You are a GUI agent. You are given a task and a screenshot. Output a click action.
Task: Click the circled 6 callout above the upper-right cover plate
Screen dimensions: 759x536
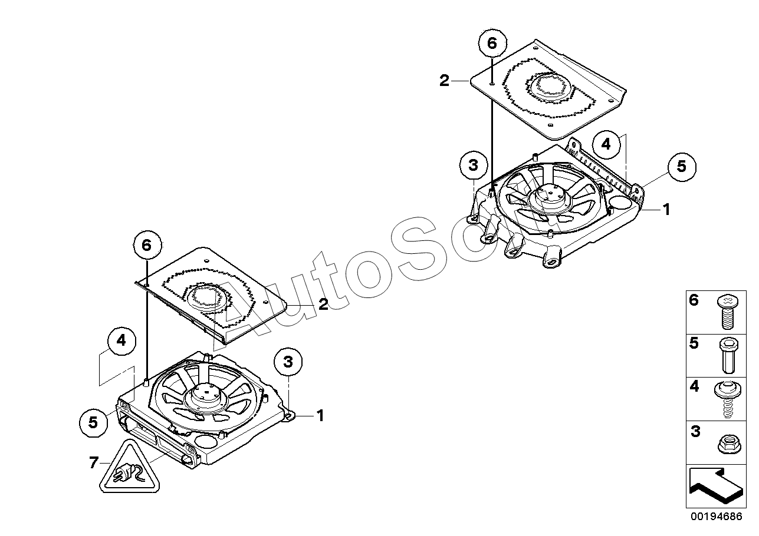(x=492, y=43)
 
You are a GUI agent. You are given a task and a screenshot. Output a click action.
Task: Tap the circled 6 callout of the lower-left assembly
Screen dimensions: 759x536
(x=147, y=245)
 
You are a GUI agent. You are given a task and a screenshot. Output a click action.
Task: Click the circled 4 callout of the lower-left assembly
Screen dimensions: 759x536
(x=121, y=340)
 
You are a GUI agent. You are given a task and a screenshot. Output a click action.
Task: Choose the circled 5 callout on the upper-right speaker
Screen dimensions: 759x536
(x=681, y=167)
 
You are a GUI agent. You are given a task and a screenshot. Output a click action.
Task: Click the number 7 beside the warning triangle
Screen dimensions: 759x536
(x=93, y=463)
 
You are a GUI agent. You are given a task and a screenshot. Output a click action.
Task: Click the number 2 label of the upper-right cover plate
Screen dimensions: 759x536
(x=444, y=81)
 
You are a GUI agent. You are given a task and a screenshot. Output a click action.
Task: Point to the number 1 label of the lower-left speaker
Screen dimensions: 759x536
(x=320, y=416)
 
